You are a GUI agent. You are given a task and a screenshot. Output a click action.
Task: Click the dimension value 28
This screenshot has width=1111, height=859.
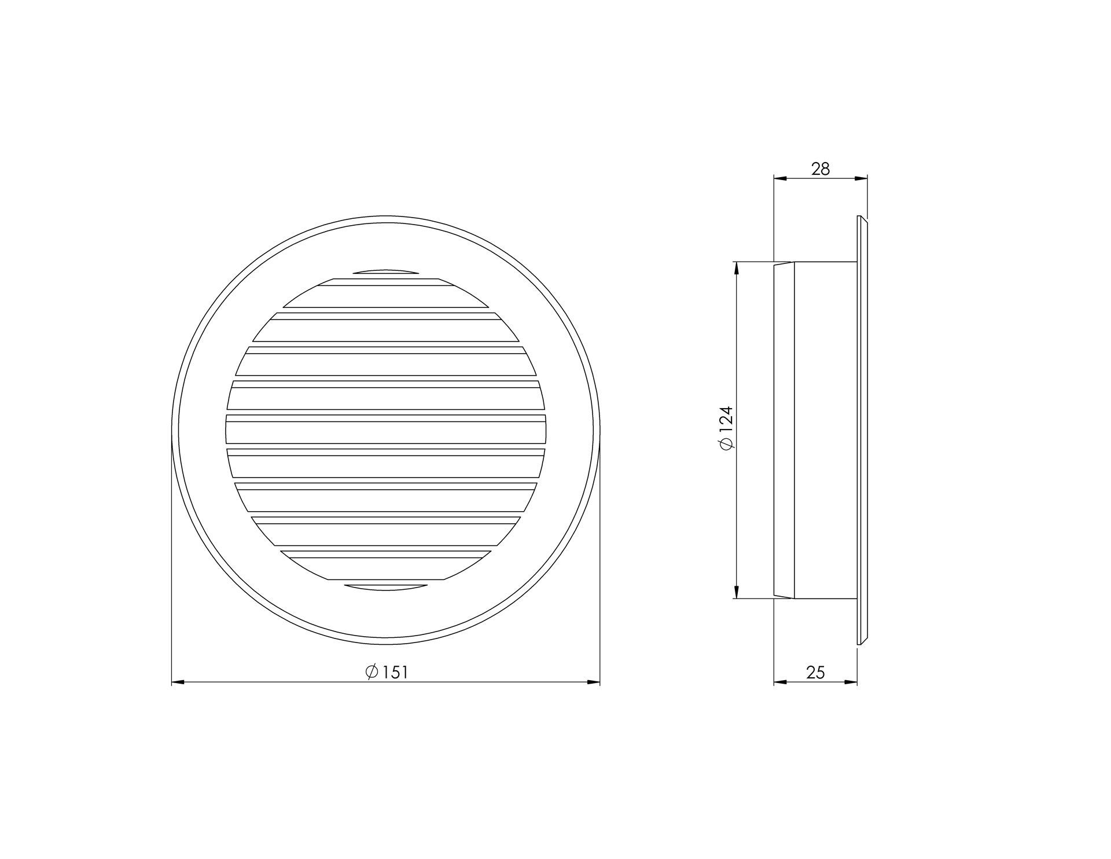pyautogui.click(x=821, y=169)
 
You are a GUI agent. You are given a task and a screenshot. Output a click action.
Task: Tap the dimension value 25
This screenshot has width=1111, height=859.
pyautogui.click(x=815, y=672)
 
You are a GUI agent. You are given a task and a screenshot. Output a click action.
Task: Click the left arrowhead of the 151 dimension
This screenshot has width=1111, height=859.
pyautogui.click(x=178, y=682)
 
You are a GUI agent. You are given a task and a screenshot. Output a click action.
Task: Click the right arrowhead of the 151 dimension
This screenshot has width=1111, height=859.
pyautogui.click(x=594, y=682)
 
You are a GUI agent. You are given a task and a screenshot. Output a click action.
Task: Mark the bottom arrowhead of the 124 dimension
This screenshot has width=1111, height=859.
pyautogui.click(x=736, y=592)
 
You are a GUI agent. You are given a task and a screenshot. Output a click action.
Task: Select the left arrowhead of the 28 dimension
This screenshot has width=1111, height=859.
pyautogui.click(x=781, y=179)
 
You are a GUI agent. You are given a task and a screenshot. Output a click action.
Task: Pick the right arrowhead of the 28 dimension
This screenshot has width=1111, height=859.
pyautogui.click(x=862, y=179)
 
